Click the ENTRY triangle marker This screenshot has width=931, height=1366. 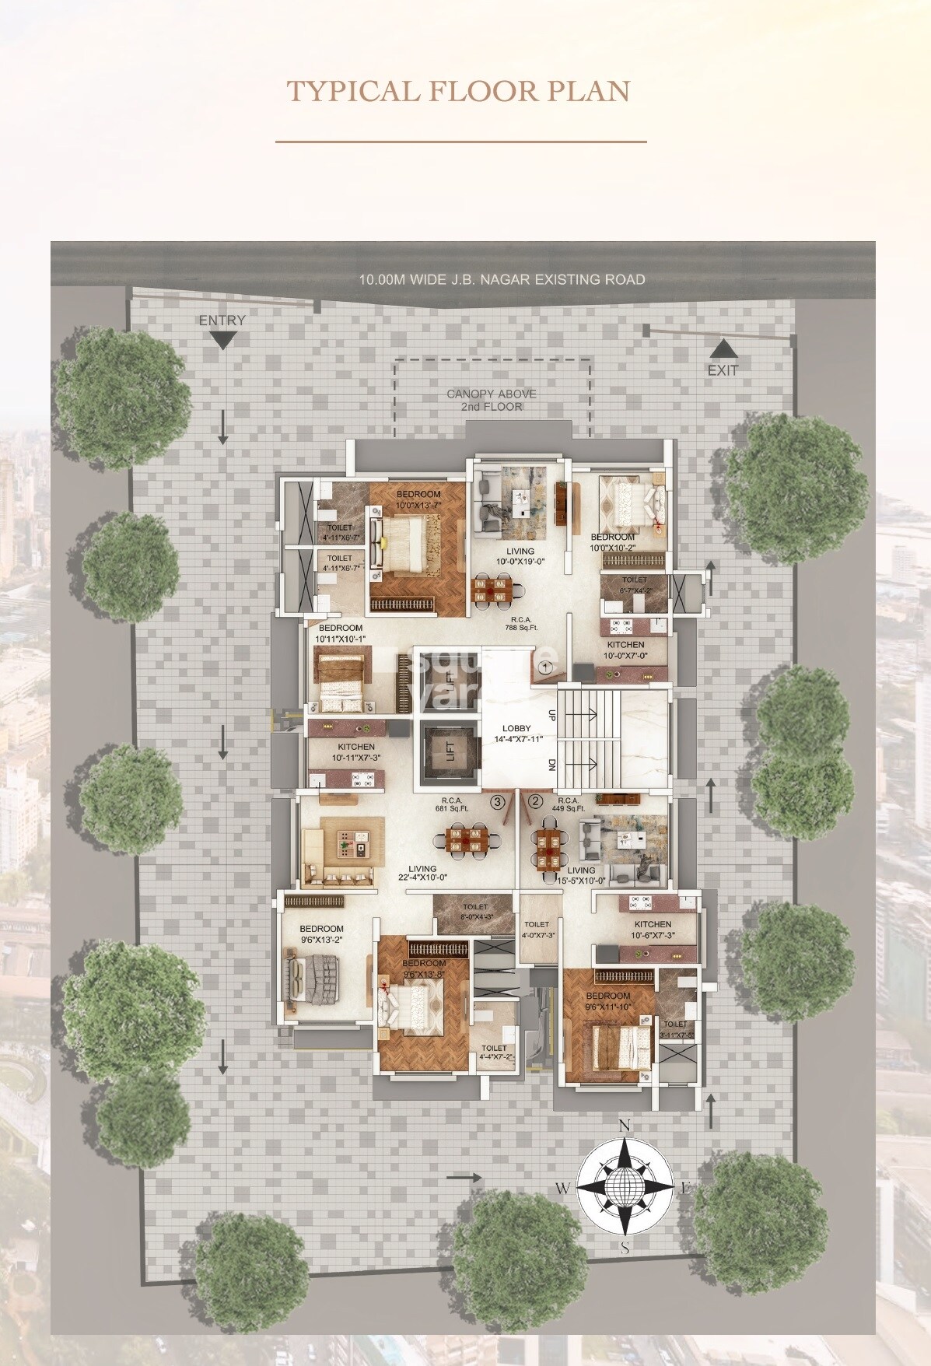(x=222, y=340)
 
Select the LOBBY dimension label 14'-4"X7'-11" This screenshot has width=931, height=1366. (x=516, y=739)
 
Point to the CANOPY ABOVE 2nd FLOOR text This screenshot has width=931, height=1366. (x=492, y=400)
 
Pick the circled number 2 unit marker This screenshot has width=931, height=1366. (x=535, y=800)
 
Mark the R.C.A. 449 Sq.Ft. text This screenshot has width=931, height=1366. (x=568, y=804)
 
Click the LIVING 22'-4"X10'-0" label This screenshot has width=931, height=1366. (x=422, y=873)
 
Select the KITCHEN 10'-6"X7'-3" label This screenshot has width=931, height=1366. (x=653, y=930)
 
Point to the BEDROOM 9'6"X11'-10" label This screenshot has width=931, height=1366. (x=608, y=1000)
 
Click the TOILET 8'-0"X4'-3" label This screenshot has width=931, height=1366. (x=475, y=912)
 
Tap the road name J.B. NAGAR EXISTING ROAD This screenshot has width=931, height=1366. (x=502, y=279)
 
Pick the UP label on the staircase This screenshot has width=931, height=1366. (x=551, y=713)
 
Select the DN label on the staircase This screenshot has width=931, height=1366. (x=551, y=765)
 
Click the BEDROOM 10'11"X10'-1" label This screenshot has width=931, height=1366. (x=340, y=633)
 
